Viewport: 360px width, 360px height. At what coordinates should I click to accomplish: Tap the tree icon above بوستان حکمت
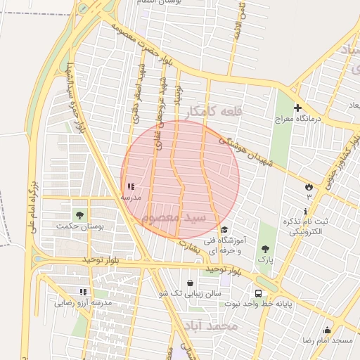(79, 214)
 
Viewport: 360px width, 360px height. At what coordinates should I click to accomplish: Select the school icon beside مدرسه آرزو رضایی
(83, 291)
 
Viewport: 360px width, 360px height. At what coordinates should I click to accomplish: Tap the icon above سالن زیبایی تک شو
(190, 283)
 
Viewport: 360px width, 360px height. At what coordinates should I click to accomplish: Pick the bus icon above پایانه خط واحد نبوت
(258, 293)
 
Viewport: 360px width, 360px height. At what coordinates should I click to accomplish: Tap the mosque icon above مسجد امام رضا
(326, 330)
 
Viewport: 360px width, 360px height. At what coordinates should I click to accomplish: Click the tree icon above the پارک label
(265, 249)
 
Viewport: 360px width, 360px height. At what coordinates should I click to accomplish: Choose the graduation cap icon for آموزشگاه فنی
(224, 230)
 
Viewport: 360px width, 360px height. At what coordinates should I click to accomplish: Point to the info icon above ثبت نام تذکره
(305, 212)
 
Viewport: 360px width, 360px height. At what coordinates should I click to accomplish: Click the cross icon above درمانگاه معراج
(297, 108)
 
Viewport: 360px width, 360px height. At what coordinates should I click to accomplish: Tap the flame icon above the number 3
(308, 186)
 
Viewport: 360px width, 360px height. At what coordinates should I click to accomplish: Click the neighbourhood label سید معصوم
(175, 217)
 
